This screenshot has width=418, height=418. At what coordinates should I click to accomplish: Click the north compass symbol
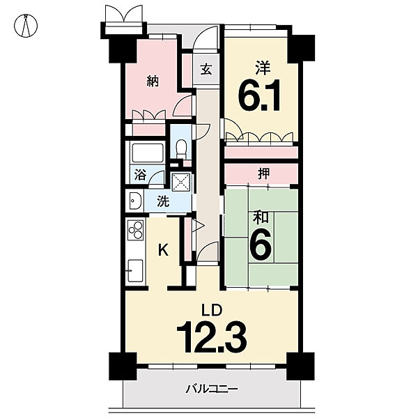click(26, 26)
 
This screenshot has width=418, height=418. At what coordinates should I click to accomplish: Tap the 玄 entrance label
click(206, 69)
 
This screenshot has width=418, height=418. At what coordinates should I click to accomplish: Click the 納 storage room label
click(153, 81)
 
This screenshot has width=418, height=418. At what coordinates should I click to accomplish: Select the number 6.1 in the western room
click(259, 95)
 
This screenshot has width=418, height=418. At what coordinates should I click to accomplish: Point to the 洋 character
click(263, 68)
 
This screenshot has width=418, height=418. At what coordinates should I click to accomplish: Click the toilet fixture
click(181, 147)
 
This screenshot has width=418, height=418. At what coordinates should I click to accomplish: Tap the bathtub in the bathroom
click(148, 153)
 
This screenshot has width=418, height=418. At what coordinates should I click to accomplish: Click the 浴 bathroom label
click(141, 174)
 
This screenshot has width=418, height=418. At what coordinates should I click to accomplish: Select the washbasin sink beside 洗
click(135, 201)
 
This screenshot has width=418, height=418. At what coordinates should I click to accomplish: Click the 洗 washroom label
click(163, 201)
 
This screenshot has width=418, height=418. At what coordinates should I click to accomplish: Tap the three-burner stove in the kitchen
click(135, 229)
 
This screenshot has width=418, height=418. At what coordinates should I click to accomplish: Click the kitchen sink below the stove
click(135, 270)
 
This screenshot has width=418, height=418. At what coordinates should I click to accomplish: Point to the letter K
click(164, 250)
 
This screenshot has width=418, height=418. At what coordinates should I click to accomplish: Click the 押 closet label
click(263, 173)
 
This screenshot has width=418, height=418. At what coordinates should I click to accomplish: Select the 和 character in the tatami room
click(261, 217)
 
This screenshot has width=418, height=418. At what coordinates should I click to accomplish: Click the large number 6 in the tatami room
click(261, 245)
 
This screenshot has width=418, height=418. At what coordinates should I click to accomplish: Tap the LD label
click(211, 311)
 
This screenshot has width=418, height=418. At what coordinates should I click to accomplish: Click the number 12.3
click(211, 336)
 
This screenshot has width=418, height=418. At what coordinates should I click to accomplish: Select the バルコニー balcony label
click(211, 389)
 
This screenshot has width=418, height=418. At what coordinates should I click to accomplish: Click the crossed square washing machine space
click(181, 183)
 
